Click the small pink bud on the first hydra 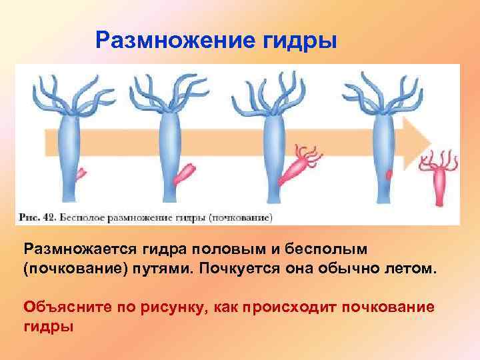click(81, 174)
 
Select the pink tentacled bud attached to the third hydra click(297, 167)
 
